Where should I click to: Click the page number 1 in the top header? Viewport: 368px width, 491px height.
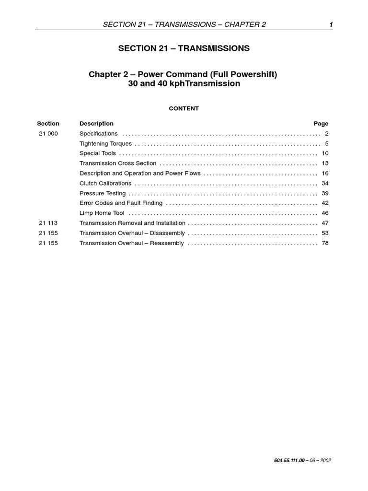point(331,25)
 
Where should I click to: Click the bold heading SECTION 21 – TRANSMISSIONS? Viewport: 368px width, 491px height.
point(184,48)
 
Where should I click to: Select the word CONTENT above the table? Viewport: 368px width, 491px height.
point(184,109)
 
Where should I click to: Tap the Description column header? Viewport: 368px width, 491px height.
point(96,124)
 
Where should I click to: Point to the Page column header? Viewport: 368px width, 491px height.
point(321,124)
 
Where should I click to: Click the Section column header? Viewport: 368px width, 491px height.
point(48,124)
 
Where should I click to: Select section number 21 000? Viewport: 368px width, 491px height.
point(48,134)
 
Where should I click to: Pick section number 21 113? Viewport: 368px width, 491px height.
point(48,223)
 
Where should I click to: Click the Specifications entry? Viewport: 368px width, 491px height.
point(98,134)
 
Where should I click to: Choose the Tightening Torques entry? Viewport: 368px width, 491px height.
point(105,144)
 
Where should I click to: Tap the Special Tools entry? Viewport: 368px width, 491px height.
point(98,153)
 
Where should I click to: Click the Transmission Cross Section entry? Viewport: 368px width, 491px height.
point(118,164)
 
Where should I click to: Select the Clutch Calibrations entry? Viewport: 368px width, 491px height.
point(105,184)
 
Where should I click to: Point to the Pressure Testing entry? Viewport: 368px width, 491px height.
point(103,194)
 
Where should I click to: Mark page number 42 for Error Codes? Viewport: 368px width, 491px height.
point(324,203)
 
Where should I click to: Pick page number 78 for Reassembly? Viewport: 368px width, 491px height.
point(324,244)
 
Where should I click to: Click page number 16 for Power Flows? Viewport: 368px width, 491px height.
point(324,174)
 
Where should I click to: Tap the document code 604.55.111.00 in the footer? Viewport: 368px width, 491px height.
point(286,461)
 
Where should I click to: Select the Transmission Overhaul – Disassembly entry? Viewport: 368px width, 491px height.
point(132,234)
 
